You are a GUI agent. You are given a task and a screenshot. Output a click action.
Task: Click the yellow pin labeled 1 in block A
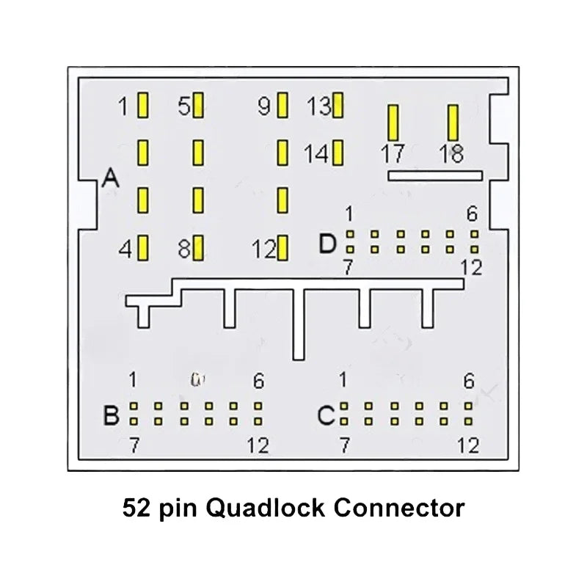point(143,106)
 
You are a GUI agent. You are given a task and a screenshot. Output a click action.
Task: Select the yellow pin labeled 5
point(198,106)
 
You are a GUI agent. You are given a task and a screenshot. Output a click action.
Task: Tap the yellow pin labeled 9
point(282,106)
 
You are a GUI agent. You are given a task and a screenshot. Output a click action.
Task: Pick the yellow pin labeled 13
point(338,106)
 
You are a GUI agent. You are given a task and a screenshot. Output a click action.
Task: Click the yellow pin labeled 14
point(338,153)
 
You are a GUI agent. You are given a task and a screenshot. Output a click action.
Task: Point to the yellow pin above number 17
point(393,123)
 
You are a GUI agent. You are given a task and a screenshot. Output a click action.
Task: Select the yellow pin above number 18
point(453,123)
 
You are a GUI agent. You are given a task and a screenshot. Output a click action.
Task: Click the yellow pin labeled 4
point(143,248)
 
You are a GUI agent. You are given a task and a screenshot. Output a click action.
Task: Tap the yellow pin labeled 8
point(198,248)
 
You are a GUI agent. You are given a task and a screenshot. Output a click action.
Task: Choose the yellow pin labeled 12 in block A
point(282,249)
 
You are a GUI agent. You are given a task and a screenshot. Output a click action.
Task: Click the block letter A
point(110,178)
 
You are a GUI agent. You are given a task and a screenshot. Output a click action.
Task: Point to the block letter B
point(111,416)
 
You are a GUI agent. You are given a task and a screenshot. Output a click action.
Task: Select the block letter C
point(326,416)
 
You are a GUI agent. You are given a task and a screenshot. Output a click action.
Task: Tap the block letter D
point(327,244)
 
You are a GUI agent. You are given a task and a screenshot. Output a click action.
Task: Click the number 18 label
point(451,155)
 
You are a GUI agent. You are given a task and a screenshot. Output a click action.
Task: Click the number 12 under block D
point(473,268)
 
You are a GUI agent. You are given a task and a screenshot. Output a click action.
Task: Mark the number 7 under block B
point(134,445)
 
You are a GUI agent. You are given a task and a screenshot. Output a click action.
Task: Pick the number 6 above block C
point(469,381)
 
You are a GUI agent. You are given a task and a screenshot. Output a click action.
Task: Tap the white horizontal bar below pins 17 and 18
point(434,175)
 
